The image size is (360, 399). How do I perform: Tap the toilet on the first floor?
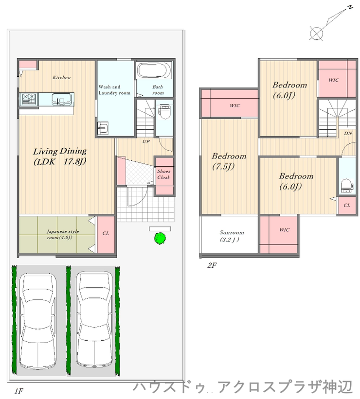click(164, 112)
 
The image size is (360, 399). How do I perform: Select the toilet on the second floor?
click(347, 186)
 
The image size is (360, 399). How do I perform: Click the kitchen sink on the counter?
click(62, 99)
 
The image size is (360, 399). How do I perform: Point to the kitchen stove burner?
click(29, 99)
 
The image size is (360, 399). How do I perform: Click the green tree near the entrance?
click(160, 239)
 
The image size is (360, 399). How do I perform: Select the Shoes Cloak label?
click(163, 174)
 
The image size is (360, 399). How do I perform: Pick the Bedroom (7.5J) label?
click(229, 161)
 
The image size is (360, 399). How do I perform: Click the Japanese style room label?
click(63, 234)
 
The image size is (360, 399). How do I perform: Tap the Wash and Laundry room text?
click(114, 90)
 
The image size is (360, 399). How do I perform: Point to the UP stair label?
click(146, 141)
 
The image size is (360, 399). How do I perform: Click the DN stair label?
click(348, 133)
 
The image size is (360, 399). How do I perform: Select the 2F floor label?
click(212, 265)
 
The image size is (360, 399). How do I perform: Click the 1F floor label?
click(19, 391)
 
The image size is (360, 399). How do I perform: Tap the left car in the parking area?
click(38, 321)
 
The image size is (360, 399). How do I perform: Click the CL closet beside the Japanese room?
click(106, 235)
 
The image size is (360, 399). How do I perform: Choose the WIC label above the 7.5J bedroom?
click(234, 105)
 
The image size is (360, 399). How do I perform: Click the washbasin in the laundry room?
click(103, 128)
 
